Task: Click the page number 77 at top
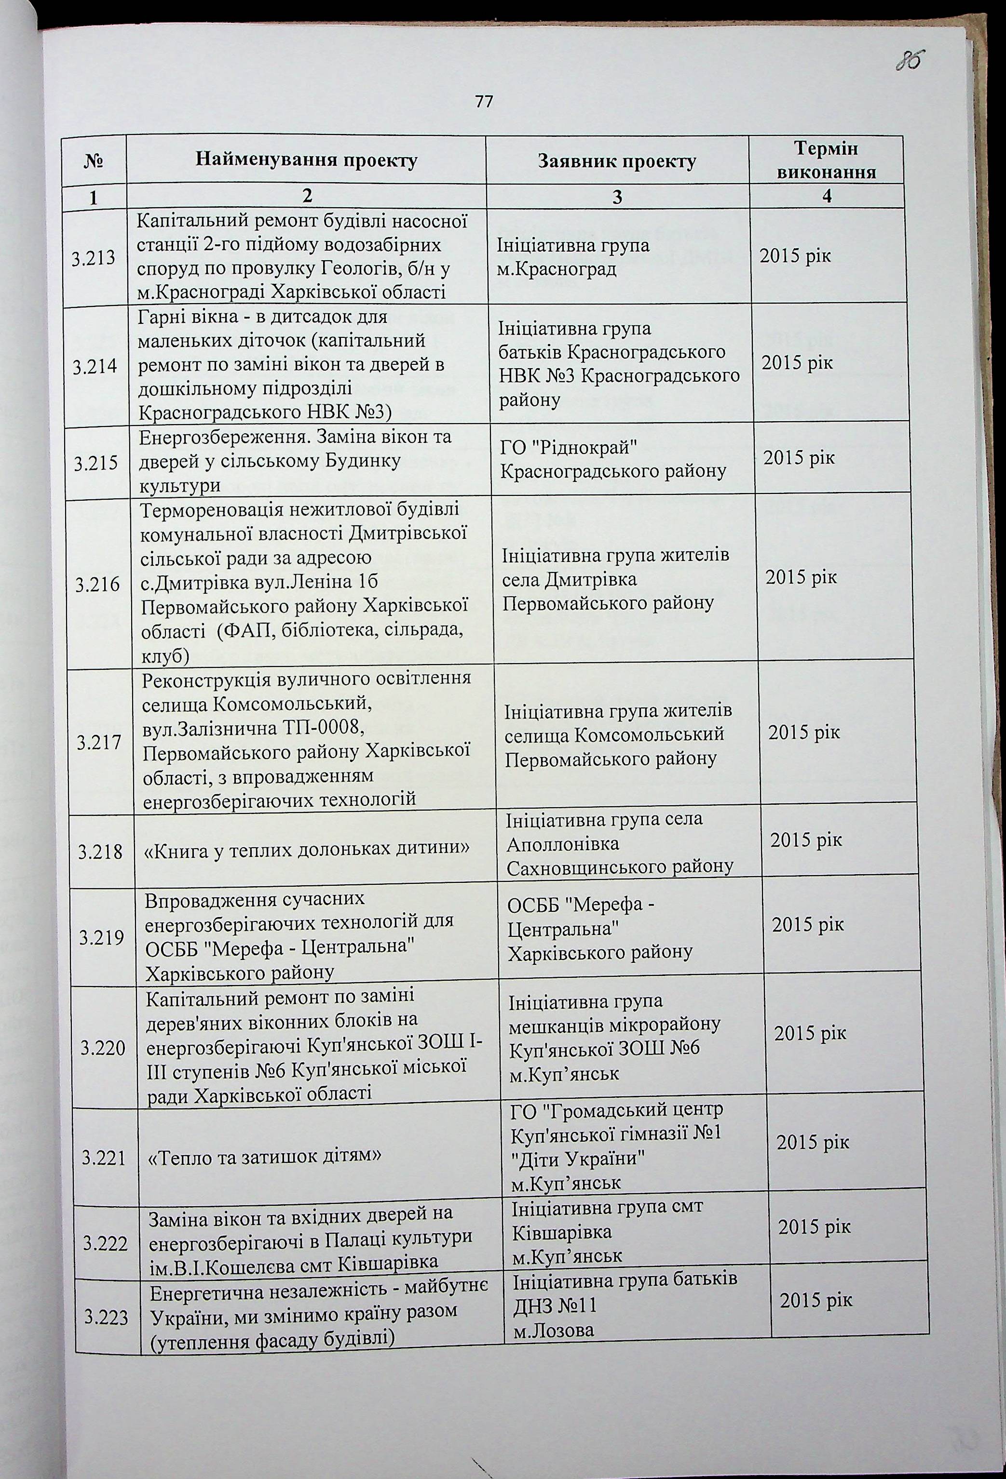click(485, 101)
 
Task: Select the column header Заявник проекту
click(617, 161)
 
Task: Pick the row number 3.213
click(94, 258)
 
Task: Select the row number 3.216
click(97, 584)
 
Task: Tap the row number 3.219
click(102, 937)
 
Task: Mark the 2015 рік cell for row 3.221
click(813, 1142)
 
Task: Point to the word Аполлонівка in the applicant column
click(562, 844)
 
